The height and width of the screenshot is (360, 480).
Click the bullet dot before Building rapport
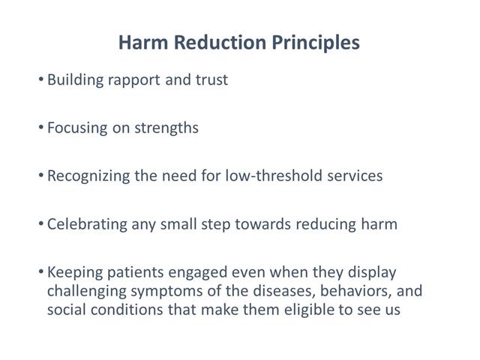click(x=40, y=79)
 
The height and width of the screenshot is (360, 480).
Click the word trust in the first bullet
click(x=211, y=79)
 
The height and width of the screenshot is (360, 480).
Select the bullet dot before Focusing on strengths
click(x=40, y=127)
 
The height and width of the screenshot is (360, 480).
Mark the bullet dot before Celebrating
click(x=40, y=224)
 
